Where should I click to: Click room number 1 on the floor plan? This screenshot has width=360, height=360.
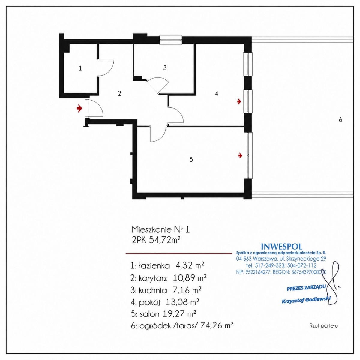point(80,68)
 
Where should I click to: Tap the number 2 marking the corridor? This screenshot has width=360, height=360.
point(119,93)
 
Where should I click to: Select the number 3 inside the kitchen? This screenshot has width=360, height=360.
point(165,68)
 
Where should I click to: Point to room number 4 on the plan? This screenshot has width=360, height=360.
point(217,93)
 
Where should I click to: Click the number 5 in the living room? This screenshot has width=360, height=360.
point(191,159)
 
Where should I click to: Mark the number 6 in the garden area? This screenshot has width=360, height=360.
point(340,119)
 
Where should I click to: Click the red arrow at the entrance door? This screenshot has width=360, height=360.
point(79,108)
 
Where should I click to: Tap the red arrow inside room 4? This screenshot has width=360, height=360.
point(239,102)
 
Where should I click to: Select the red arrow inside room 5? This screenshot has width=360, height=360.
point(240,155)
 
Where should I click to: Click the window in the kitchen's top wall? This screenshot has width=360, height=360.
point(171,40)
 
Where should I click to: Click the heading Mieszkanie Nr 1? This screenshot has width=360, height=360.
point(161,229)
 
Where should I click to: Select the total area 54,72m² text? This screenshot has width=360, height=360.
point(165,240)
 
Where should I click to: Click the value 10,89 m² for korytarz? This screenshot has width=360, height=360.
point(190,278)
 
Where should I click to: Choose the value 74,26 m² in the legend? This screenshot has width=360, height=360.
point(217,326)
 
